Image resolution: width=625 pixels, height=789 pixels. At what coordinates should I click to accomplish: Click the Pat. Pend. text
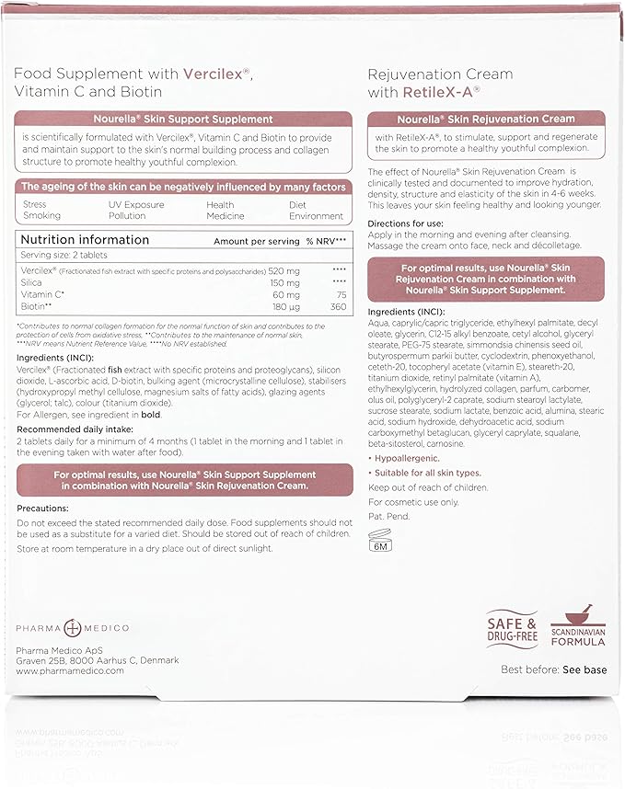387,517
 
